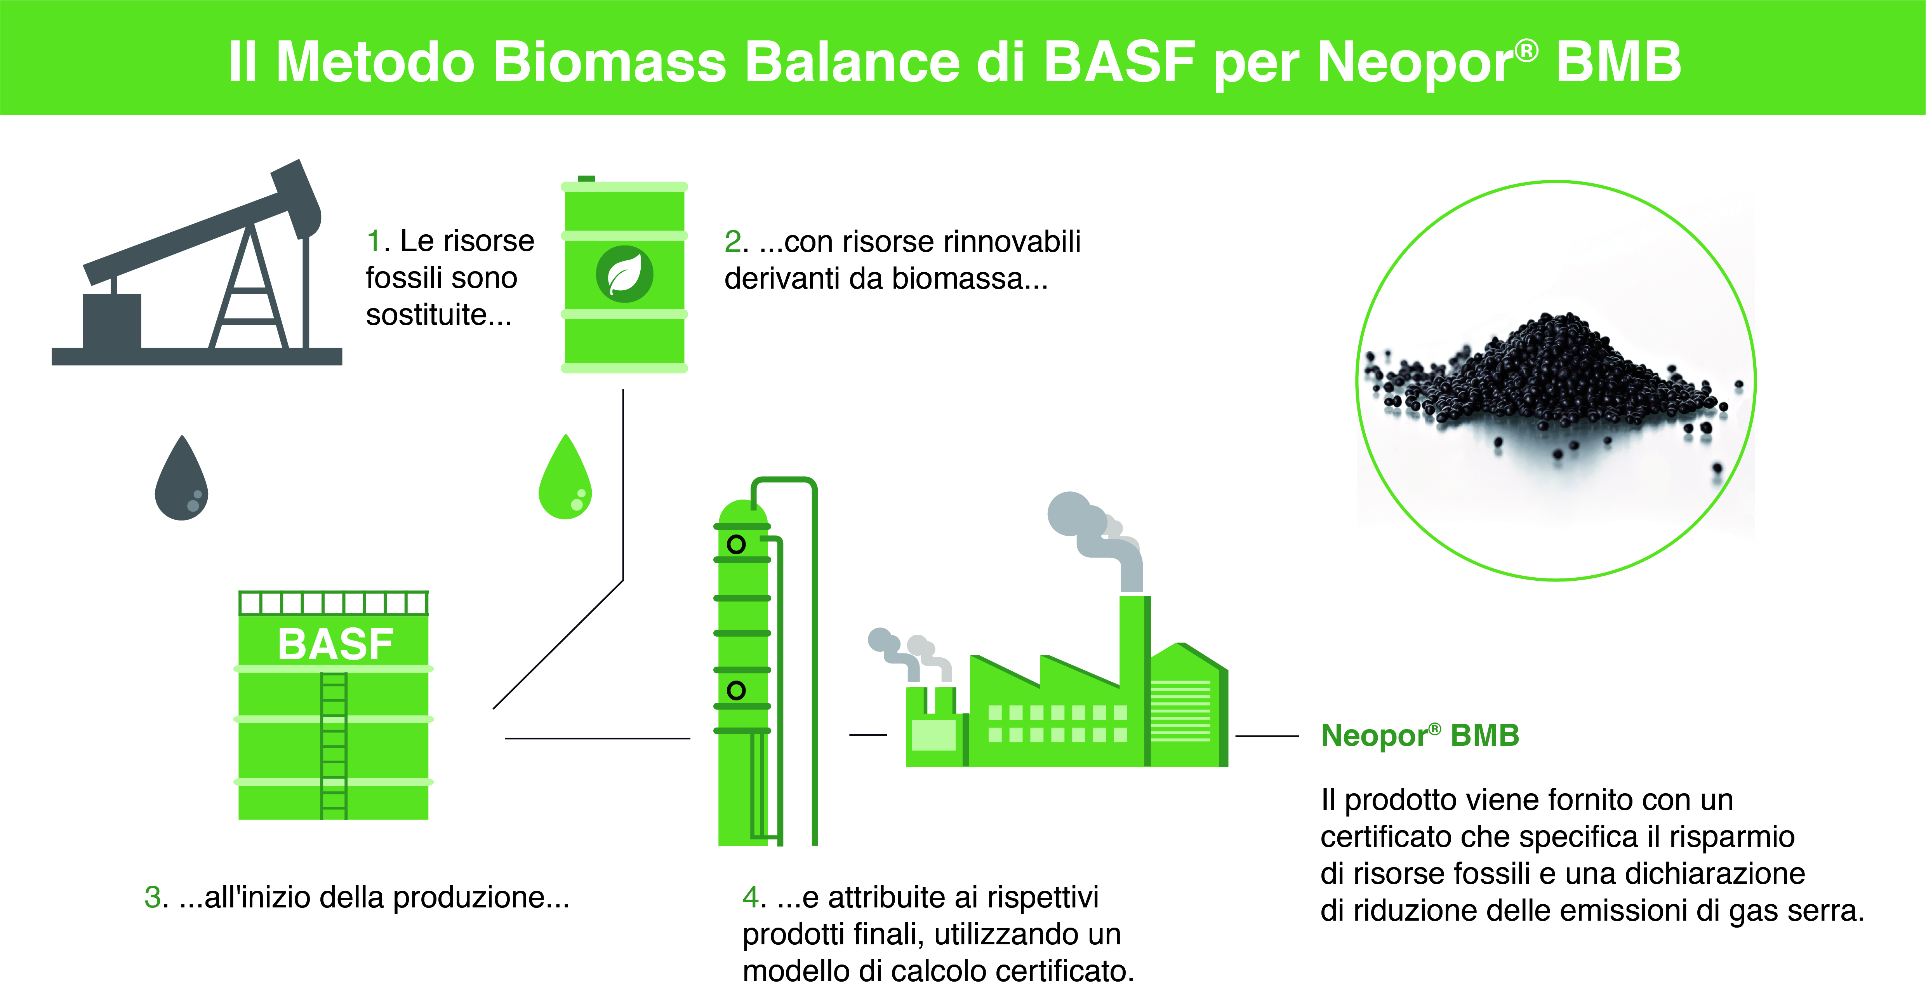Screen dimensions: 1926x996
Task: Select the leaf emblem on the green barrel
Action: click(x=624, y=274)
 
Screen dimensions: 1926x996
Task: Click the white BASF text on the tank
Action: click(x=336, y=644)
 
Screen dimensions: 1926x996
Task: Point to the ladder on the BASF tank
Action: click(x=334, y=745)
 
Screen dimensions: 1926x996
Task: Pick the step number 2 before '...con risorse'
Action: click(x=733, y=242)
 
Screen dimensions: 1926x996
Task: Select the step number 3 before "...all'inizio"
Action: click(x=153, y=897)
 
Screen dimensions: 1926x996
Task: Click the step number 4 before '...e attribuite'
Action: click(x=751, y=897)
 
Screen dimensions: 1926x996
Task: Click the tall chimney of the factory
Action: click(x=1135, y=681)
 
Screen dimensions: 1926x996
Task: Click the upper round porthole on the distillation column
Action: click(x=737, y=544)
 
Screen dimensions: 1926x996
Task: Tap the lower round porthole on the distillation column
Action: click(x=737, y=690)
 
